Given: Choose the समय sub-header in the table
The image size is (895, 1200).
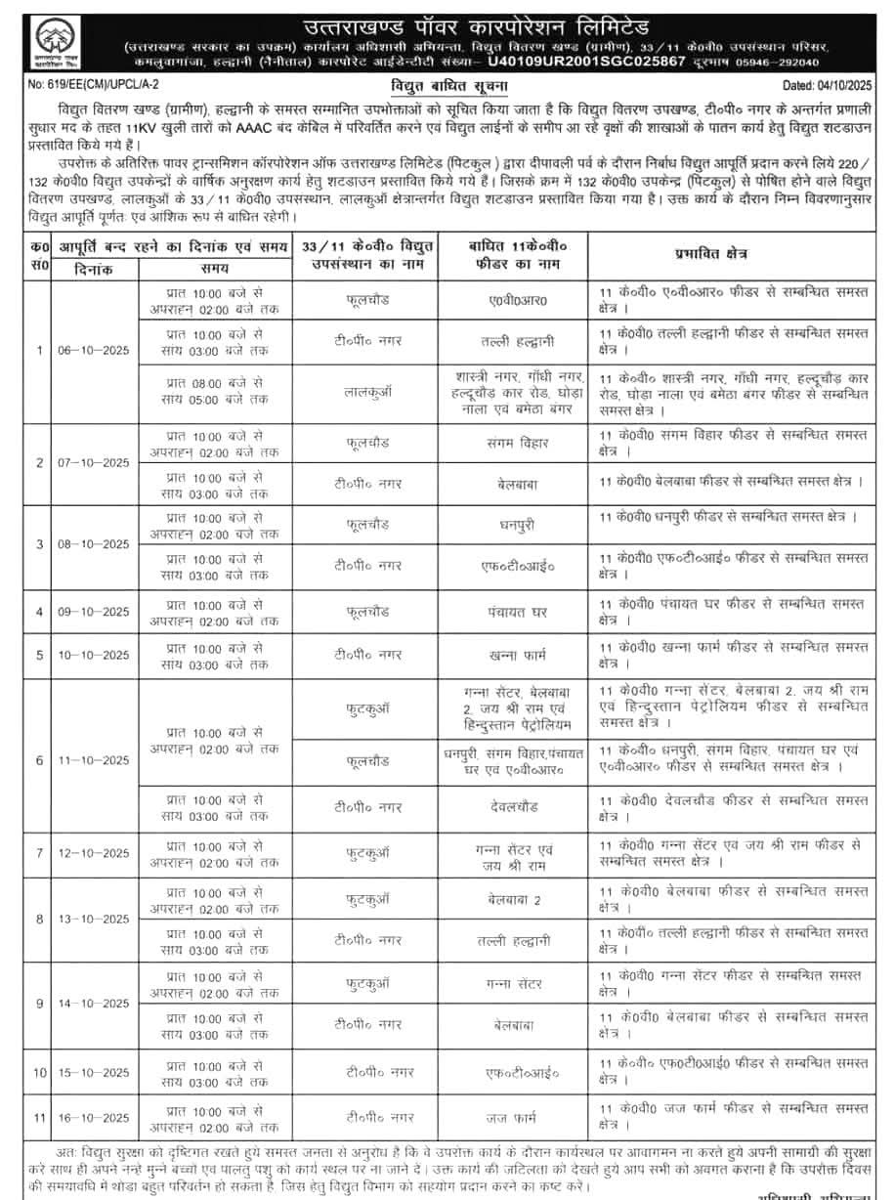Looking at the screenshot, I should (x=215, y=267).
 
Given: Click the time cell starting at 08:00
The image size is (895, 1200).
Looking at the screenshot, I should (x=215, y=393).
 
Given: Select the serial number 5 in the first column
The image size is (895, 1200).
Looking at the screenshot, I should (x=40, y=654).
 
